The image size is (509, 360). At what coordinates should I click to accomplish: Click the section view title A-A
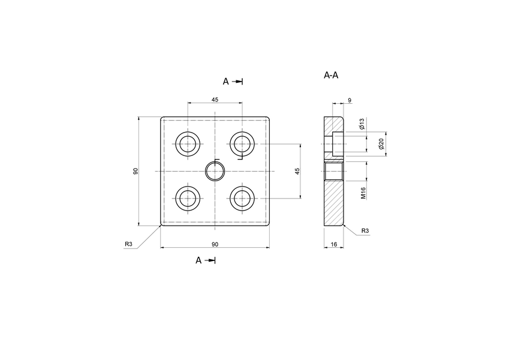[x=331, y=76]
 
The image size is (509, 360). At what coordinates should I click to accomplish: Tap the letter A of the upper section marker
[x=225, y=81]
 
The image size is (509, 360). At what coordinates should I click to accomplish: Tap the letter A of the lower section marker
[x=198, y=260]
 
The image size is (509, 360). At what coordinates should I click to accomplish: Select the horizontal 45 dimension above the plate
[x=215, y=99]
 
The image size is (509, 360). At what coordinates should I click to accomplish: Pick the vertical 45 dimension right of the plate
[x=297, y=171]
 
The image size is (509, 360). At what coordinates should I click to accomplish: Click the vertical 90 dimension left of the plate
[x=136, y=171]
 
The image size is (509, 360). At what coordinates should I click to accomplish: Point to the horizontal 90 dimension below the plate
[x=215, y=244]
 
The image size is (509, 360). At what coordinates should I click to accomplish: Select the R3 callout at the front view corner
[x=128, y=244]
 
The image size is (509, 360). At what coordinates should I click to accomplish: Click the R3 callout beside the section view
[x=365, y=231]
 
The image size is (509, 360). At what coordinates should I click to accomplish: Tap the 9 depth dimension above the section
[x=350, y=101]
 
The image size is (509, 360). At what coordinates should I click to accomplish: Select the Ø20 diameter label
[x=381, y=144]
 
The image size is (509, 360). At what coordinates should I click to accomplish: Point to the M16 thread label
[x=363, y=193]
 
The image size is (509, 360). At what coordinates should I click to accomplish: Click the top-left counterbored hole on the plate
[x=188, y=143]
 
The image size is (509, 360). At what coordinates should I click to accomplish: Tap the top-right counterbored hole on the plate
[x=242, y=143]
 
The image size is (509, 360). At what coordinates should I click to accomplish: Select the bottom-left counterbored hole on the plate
[x=188, y=198]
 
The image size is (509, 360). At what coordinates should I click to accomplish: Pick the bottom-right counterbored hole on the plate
[x=242, y=198]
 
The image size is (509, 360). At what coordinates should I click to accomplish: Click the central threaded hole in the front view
[x=215, y=171]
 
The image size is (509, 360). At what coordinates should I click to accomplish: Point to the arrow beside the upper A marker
[x=238, y=81]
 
